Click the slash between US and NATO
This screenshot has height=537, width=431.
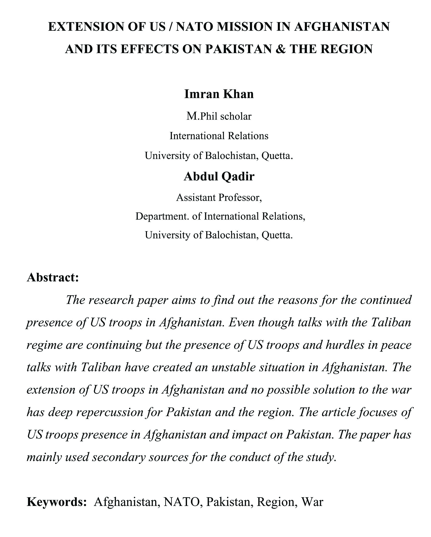coord(170,27)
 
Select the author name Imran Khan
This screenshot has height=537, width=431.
coord(219,94)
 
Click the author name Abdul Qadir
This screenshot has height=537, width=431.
coord(219,176)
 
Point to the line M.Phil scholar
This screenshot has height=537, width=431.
coord(219,116)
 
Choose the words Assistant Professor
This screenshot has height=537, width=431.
coord(219,198)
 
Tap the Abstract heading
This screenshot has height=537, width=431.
coord(53,277)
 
